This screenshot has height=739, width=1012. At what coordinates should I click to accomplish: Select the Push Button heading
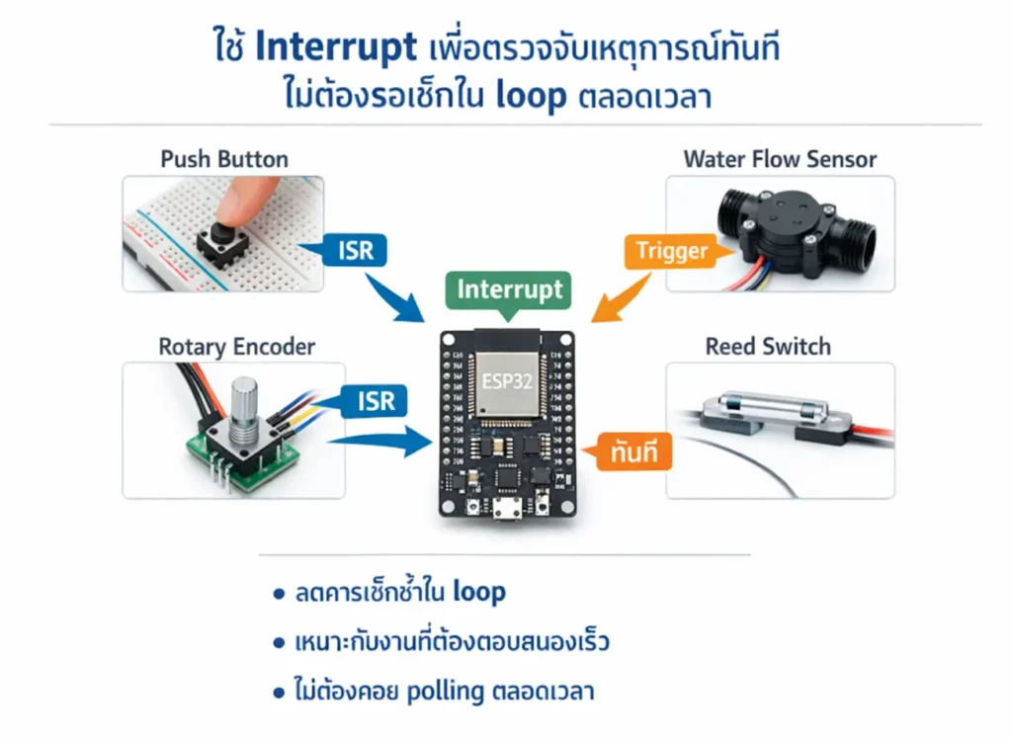[224, 159]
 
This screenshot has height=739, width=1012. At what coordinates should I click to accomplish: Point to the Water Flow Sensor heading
[780, 159]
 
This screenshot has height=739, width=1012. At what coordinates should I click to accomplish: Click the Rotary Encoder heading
[237, 347]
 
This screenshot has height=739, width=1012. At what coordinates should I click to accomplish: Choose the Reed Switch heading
[768, 347]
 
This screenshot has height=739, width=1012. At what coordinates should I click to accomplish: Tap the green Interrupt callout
[509, 289]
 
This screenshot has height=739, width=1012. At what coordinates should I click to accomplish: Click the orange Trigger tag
[671, 251]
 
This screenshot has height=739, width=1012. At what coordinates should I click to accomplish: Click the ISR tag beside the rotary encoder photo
[373, 401]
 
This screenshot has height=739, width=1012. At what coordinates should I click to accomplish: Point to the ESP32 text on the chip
[505, 381]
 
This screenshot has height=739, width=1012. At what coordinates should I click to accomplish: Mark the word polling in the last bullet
[444, 692]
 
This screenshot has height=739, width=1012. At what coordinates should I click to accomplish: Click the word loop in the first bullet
[479, 593]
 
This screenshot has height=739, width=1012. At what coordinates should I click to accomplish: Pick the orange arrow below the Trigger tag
[619, 300]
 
